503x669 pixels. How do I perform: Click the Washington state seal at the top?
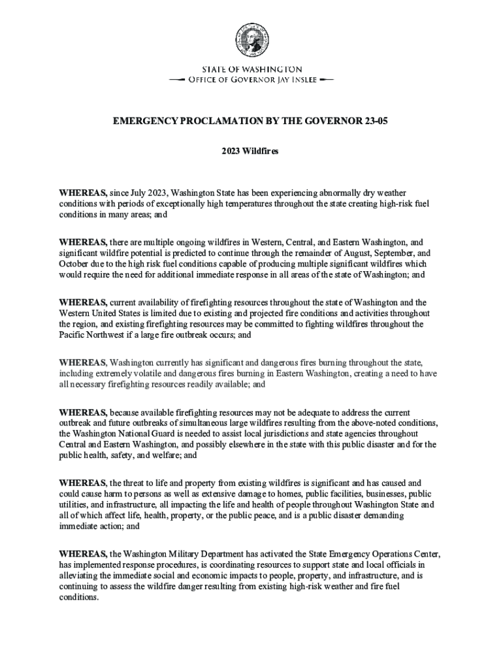(252, 41)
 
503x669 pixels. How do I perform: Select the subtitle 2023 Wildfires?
(251, 151)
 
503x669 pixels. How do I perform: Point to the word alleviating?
(80, 576)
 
